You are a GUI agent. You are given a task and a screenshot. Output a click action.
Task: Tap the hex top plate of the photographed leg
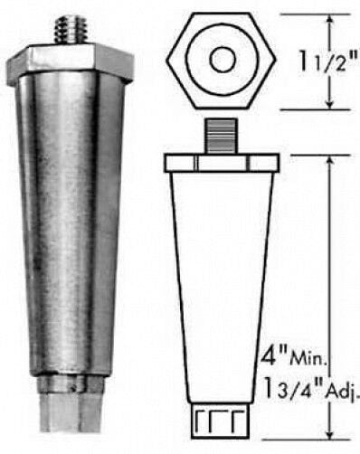pos(70,63)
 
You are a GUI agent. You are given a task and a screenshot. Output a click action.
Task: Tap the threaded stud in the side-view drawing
pos(221,137)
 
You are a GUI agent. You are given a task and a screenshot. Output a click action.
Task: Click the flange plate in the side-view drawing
pos(222,163)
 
